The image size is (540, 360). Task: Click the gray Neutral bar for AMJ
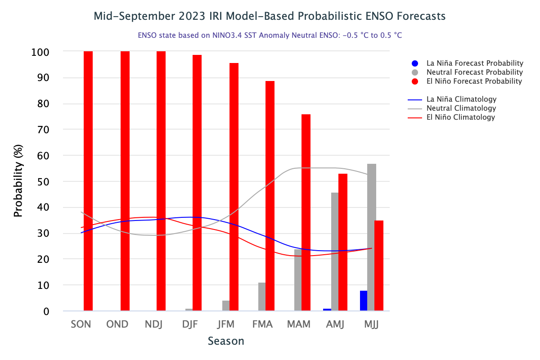tap(335, 252)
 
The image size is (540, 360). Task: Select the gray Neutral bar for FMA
tap(262, 297)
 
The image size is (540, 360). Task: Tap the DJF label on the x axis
tap(190, 324)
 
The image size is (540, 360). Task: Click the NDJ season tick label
tap(154, 324)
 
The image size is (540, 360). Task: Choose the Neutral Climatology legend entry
tap(461, 108)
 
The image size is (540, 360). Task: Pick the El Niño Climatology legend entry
tap(460, 117)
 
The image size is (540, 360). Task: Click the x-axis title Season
tap(226, 341)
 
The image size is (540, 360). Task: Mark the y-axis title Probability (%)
tap(18, 181)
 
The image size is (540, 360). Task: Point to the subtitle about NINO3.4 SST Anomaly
tap(270, 35)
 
